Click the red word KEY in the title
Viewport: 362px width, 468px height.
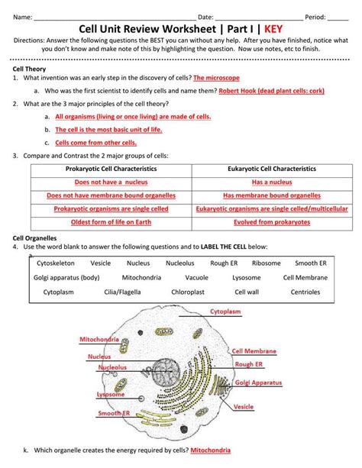tap(273, 29)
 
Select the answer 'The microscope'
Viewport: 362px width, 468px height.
tap(216, 78)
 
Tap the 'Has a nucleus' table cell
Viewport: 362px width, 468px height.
tap(272, 182)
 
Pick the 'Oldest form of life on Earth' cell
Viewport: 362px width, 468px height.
tap(111, 222)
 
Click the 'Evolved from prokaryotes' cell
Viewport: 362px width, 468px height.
tap(272, 222)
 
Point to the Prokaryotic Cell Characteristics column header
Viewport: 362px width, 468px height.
tap(111, 169)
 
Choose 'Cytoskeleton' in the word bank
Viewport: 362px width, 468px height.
tap(56, 263)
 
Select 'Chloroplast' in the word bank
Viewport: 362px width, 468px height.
tap(188, 292)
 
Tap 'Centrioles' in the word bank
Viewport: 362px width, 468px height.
tap(305, 292)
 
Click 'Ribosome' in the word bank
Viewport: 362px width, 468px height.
tap(266, 263)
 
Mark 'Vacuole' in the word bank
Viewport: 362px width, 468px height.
tap(196, 278)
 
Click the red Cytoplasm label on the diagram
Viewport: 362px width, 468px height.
tap(225, 311)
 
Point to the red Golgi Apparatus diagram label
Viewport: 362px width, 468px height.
tap(258, 382)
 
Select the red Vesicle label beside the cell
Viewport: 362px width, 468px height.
tap(244, 407)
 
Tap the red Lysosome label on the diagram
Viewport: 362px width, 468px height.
tap(111, 394)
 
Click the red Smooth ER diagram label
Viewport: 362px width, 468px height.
tap(114, 413)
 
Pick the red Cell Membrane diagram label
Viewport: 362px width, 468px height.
tap(254, 351)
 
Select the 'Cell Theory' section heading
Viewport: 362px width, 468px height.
tap(29, 69)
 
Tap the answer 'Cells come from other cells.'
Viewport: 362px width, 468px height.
tap(96, 143)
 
